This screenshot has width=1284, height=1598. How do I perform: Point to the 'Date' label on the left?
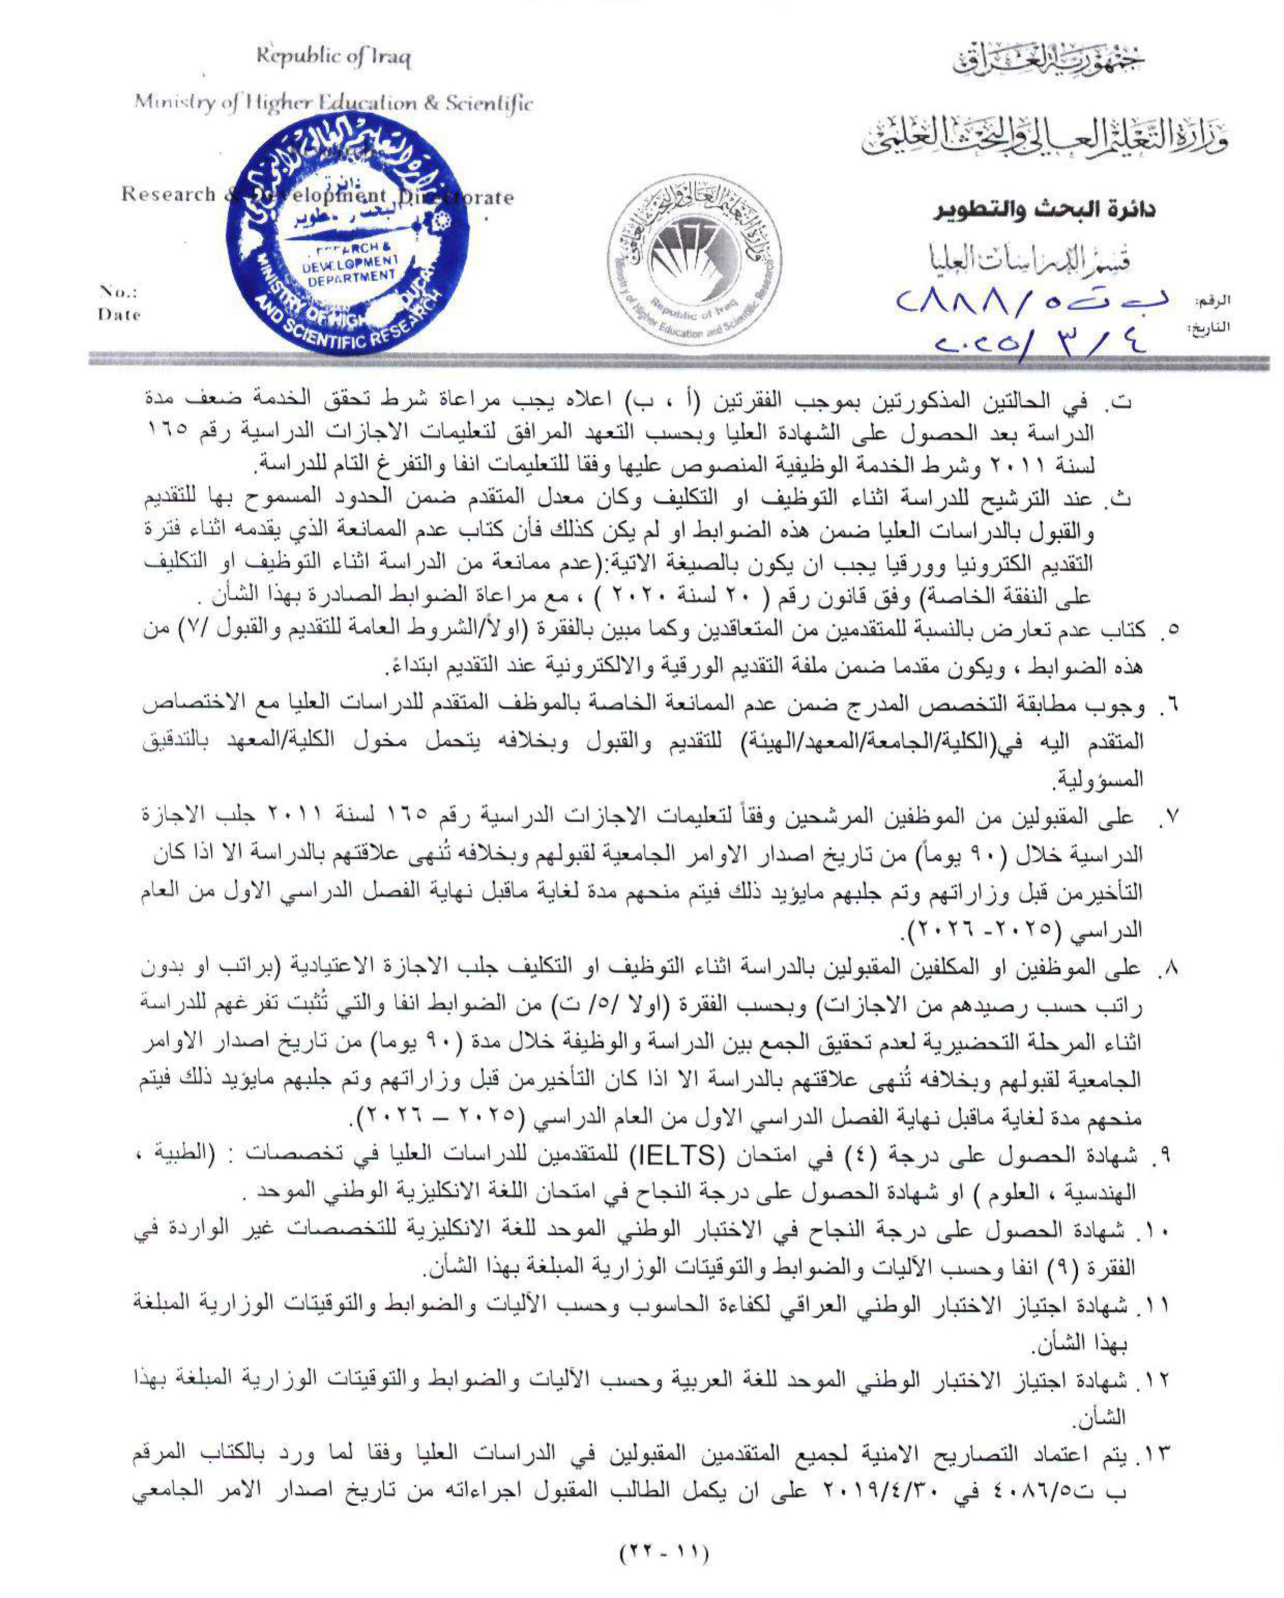pos(119,314)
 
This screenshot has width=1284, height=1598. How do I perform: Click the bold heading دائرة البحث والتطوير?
pos(1044,210)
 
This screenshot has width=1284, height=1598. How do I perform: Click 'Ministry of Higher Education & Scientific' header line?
pos(333,103)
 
